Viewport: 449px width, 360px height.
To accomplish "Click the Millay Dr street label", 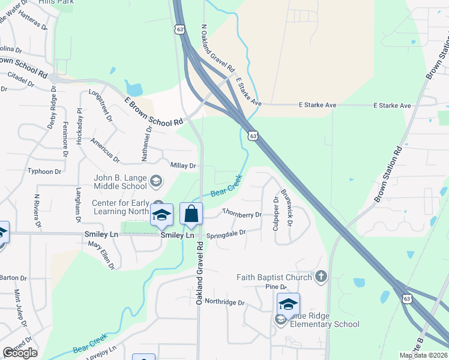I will [x=184, y=166].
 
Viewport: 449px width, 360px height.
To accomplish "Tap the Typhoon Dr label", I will [x=44, y=172].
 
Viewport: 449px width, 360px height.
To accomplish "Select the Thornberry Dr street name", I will [x=242, y=214].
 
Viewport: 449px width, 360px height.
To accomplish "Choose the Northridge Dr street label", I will [x=224, y=302].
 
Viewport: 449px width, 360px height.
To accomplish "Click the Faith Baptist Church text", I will [x=274, y=277].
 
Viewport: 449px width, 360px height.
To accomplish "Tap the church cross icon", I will [x=321, y=276].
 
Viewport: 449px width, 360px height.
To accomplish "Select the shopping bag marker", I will [x=191, y=214].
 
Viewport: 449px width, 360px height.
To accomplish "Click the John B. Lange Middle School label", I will [x=121, y=182].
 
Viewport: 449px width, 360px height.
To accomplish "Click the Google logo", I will [x=20, y=353].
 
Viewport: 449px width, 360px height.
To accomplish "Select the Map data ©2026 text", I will [x=422, y=355].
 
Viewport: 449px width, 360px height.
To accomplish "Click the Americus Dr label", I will [x=104, y=150].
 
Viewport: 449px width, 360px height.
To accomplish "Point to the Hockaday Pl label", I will [x=79, y=122].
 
